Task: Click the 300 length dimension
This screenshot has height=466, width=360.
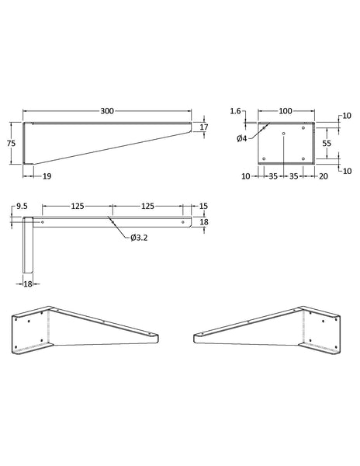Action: click(x=107, y=112)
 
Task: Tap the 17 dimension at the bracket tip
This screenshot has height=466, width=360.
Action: click(x=203, y=127)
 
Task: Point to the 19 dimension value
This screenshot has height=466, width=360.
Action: click(x=47, y=176)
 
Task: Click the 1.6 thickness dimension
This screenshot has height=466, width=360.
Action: click(x=235, y=112)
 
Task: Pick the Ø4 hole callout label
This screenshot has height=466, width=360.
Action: click(x=243, y=139)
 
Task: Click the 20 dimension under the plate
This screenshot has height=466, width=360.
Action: click(x=322, y=176)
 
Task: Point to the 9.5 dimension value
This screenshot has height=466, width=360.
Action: click(x=21, y=207)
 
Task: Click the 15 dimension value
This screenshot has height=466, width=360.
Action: click(x=203, y=207)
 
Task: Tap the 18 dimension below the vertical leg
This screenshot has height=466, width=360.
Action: click(x=27, y=285)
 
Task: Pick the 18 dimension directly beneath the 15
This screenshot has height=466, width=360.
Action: click(x=203, y=222)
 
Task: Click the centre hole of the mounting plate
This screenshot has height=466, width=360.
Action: click(x=284, y=135)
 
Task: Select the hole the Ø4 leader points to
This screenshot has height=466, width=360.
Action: click(x=265, y=127)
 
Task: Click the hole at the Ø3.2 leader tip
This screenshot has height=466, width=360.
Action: click(x=112, y=222)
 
